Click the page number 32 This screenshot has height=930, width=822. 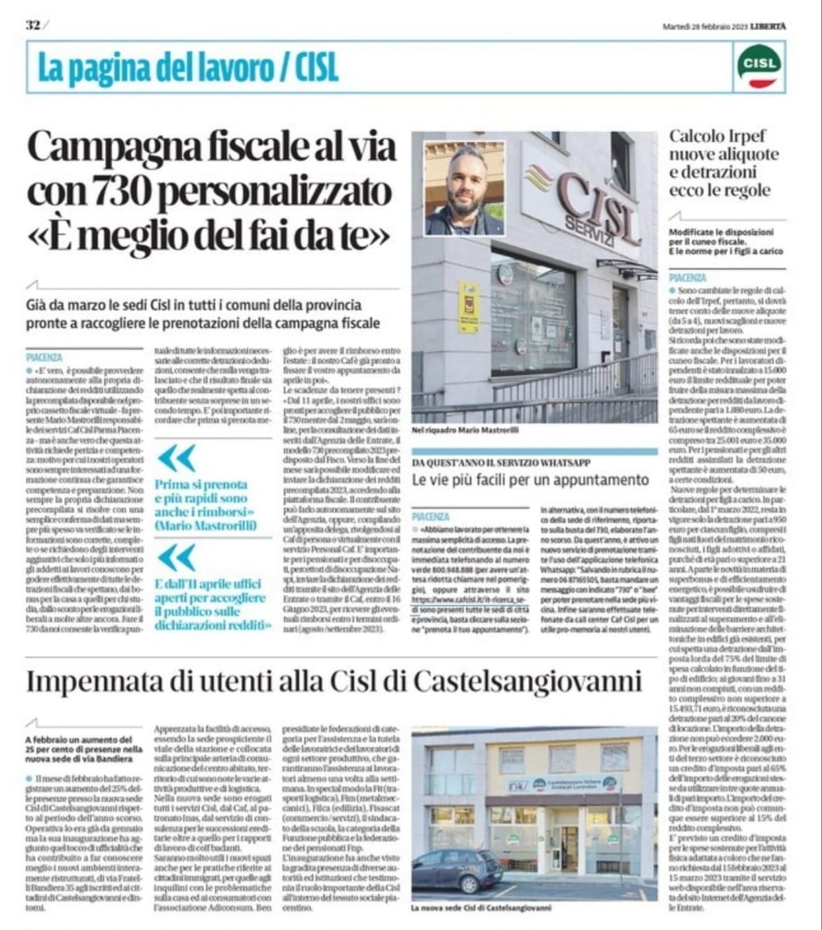(32, 24)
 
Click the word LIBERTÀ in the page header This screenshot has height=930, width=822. (770, 25)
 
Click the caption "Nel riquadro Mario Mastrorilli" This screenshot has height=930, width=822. (465, 429)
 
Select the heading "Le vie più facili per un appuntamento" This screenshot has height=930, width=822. (530, 480)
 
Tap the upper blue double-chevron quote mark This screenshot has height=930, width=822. (177, 458)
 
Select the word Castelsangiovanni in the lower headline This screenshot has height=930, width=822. (527, 681)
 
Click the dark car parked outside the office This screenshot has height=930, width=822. (458, 868)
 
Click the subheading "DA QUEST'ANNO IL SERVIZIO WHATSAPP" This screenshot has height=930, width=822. (501, 462)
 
